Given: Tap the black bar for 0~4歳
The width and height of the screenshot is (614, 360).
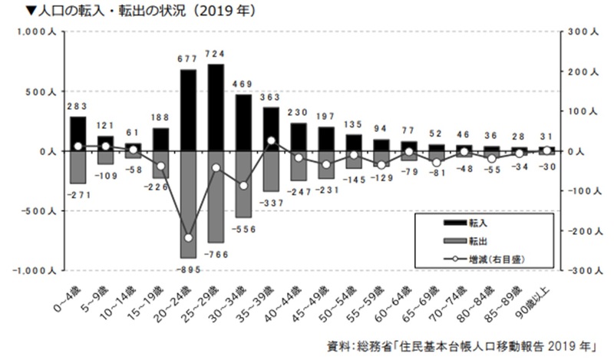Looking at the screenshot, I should (x=78, y=134).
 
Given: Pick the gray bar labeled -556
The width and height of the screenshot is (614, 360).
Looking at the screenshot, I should (x=243, y=184).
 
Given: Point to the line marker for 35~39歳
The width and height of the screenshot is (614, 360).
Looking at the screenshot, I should (x=271, y=140).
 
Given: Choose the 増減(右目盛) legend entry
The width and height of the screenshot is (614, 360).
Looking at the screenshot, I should (x=484, y=259).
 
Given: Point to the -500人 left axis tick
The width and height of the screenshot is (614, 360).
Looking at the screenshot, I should (x=34, y=211).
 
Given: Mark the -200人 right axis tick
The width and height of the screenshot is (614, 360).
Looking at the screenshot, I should (x=581, y=231).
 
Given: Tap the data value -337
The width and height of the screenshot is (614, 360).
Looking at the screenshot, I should (x=271, y=202).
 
